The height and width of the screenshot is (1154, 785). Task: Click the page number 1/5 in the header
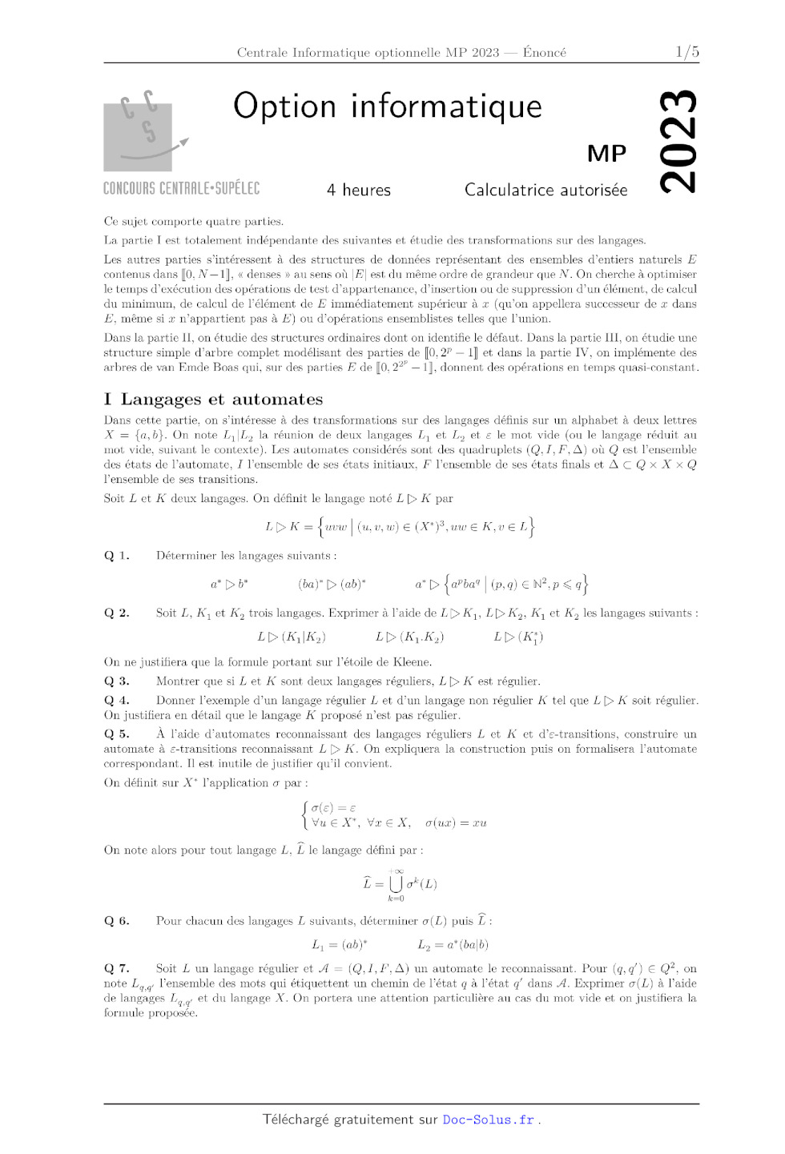pos(686,52)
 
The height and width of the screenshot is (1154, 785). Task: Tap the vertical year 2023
pos(678,141)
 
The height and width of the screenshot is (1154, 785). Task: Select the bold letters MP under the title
pos(606,153)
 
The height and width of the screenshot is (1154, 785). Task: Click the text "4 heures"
pos(359,190)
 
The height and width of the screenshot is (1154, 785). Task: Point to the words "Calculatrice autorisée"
pos(545,190)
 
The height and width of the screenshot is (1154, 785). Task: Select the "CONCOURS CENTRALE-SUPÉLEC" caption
pos(182,188)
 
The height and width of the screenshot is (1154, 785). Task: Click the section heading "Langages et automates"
pos(222,399)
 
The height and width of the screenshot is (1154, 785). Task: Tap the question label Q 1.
pos(117,556)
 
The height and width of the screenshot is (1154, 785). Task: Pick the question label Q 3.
pos(117,682)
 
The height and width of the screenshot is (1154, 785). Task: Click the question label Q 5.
pos(117,734)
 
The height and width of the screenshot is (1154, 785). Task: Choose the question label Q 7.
pos(117,968)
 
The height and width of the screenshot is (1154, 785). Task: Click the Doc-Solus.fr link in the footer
pos(488,1120)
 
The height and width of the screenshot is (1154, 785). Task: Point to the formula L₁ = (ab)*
pos(340,945)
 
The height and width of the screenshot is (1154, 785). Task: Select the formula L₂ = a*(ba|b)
pos(453,945)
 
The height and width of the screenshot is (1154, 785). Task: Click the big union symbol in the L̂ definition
pos(396,883)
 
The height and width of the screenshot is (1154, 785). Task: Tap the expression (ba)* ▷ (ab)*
pos(332,585)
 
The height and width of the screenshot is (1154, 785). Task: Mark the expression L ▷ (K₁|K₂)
pos(292,637)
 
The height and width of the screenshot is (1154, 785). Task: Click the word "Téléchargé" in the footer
pos(296,1120)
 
